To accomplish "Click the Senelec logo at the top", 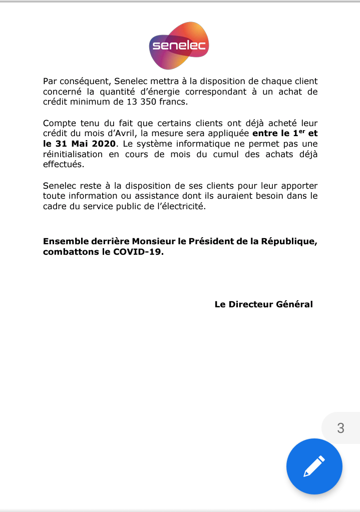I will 179,47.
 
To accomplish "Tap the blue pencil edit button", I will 314,466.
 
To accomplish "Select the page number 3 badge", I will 341,428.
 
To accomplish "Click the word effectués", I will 64,165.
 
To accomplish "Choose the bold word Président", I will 203,242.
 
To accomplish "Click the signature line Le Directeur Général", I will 263,304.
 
